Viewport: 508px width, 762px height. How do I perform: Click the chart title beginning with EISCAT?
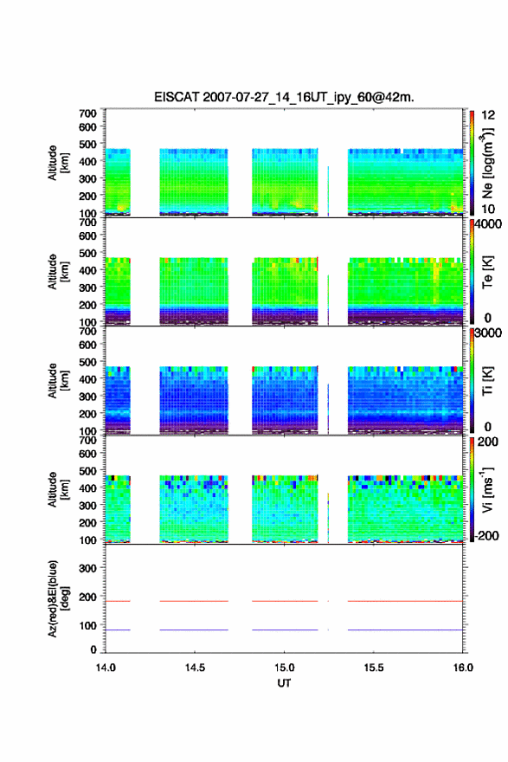[284, 97]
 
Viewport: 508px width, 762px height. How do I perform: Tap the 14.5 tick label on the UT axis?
[195, 668]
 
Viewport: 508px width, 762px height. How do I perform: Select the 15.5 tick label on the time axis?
[374, 668]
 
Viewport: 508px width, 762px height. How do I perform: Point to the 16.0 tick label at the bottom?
[463, 668]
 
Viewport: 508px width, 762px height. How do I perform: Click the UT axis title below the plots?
[284, 683]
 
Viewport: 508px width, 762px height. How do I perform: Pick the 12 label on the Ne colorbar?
[488, 115]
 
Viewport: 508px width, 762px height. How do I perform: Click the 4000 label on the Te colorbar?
[488, 224]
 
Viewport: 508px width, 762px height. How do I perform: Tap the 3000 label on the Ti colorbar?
[488, 333]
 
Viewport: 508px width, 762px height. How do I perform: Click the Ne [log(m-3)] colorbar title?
[487, 164]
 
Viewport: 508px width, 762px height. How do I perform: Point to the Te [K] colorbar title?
[487, 272]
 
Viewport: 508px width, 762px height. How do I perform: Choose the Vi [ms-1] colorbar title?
[487, 489]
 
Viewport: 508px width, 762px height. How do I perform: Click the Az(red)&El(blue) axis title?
[58, 598]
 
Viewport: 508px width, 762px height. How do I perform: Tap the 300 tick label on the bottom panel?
[87, 568]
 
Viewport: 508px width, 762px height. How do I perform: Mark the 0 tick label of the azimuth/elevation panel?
[93, 649]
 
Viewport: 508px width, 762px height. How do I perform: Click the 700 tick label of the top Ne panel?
[87, 113]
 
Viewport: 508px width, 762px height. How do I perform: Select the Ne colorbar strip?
[472, 163]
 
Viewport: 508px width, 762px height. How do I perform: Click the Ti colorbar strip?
[472, 380]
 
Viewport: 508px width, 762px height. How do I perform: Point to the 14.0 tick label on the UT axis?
[106, 668]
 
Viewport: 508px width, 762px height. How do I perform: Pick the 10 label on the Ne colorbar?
[488, 209]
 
